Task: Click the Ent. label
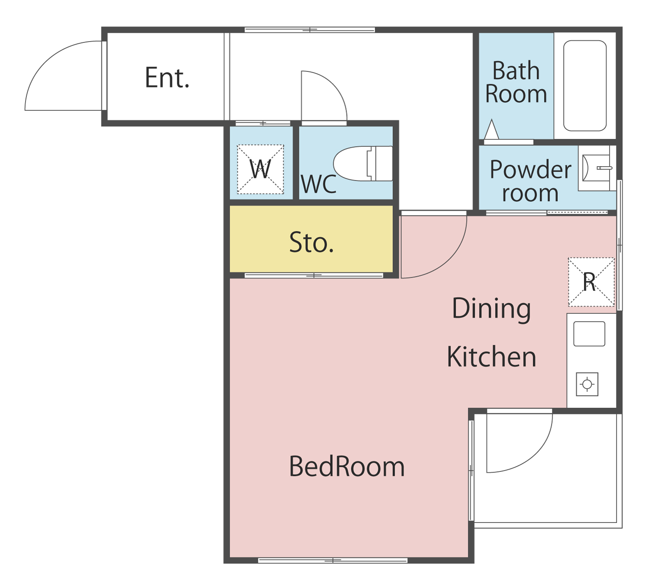(167, 77)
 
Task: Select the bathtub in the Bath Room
(585, 86)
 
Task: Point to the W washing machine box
(260, 169)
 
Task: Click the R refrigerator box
(591, 282)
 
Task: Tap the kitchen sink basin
(589, 334)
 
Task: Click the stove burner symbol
(587, 384)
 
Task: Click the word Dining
(491, 309)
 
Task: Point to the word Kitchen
(491, 357)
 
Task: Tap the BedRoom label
(347, 467)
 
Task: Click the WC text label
(318, 184)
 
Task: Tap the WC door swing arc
(333, 84)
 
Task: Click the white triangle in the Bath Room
(492, 129)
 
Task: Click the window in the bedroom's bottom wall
(333, 561)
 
